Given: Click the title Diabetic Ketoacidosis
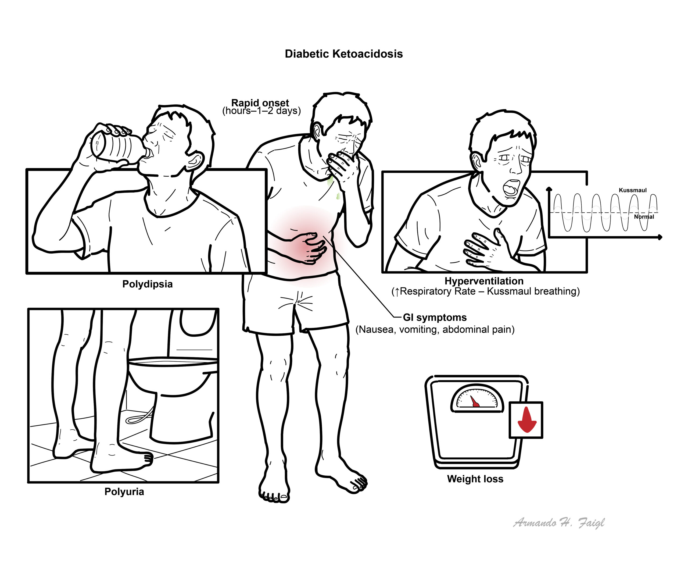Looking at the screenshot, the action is (x=344, y=54).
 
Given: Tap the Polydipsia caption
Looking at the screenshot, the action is (x=148, y=284).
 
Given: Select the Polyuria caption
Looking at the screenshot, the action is (x=124, y=491).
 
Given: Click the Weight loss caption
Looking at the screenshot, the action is (x=475, y=479).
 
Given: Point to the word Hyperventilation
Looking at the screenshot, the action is (x=484, y=281).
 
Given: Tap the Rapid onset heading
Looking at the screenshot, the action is (x=260, y=103).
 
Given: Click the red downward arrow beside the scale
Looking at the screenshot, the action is (x=527, y=420).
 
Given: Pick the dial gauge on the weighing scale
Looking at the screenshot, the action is (x=477, y=398).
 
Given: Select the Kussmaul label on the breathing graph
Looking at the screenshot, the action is (x=633, y=190).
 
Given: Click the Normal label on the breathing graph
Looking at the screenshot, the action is (x=644, y=217).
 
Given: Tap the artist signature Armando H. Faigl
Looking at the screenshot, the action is (x=558, y=523).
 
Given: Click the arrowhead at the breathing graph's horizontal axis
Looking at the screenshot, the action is (x=660, y=237).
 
